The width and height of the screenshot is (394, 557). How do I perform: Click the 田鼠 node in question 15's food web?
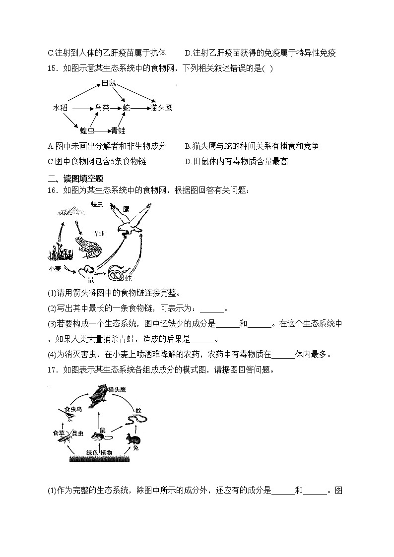tap(108, 83)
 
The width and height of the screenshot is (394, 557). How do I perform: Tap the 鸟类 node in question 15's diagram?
tap(102, 107)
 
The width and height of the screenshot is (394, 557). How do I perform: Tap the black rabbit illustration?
tap(132, 438)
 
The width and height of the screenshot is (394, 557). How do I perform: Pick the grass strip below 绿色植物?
tap(99, 459)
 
